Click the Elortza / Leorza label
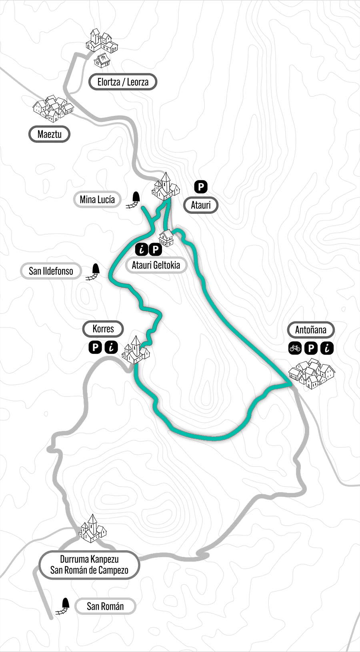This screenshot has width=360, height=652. click(122, 82)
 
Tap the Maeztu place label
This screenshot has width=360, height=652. click(49, 134)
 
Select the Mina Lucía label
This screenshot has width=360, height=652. click(97, 199)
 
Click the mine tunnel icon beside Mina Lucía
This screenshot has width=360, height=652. click(134, 200)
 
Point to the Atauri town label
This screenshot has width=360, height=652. click(200, 205)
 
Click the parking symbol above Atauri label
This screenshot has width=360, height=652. click(201, 186)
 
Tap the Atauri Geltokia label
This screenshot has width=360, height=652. click(156, 265)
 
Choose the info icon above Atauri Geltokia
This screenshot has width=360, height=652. click(142, 249)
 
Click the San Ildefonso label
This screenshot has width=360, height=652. click(51, 271)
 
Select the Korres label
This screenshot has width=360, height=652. click(103, 329)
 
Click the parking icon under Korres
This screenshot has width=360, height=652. click(95, 347)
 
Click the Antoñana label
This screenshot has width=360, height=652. click(310, 330)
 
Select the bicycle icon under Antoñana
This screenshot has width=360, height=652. click(295, 348)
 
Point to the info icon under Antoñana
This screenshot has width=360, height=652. click(327, 348)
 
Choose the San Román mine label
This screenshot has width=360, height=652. click(105, 606)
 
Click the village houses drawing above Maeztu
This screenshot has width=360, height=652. click(53, 108)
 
